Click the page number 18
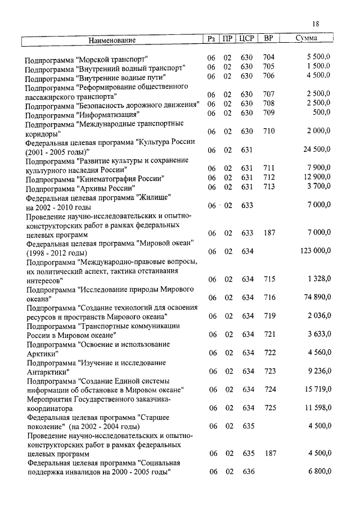316,24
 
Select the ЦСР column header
247,39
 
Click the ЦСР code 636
248,471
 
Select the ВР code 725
270,407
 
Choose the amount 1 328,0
319,279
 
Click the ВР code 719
270,316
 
